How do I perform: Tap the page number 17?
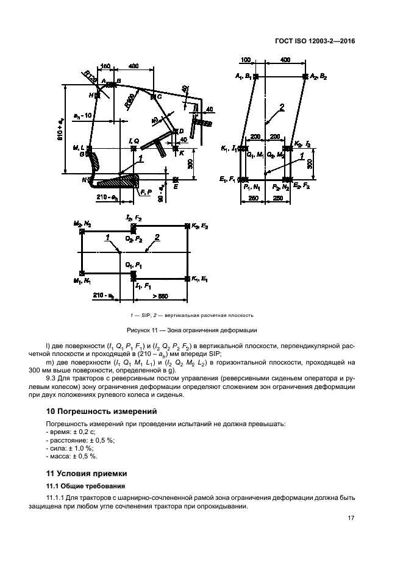click(x=351, y=519)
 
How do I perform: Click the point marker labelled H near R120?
click(x=98, y=95)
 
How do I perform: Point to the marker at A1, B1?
click(x=255, y=76)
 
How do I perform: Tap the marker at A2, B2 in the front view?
click(x=305, y=76)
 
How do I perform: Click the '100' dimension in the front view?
click(x=246, y=60)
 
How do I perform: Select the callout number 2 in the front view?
click(x=282, y=109)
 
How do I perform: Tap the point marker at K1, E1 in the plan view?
click(x=187, y=279)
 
